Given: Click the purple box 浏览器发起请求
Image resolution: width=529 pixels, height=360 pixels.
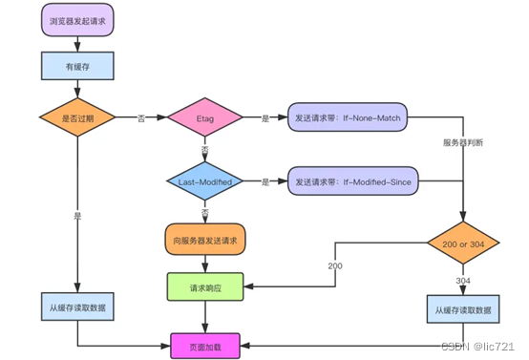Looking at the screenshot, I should click(x=77, y=21).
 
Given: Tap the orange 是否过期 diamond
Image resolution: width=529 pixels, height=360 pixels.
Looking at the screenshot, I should click(x=77, y=117).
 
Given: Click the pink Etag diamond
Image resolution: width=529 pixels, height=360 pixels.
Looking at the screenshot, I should click(x=205, y=117).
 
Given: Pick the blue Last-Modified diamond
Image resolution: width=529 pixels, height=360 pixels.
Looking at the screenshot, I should click(x=205, y=180).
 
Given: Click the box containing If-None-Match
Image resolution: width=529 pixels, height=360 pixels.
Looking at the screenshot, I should click(x=350, y=117).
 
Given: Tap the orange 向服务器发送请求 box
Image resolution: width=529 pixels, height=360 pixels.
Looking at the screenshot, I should click(x=205, y=239).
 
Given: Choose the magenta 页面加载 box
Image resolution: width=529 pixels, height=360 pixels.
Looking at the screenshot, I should click(x=205, y=341).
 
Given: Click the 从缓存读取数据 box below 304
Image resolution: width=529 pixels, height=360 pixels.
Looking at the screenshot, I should click(x=463, y=309).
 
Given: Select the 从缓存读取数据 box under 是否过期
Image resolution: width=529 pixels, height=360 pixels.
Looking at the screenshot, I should click(x=77, y=307).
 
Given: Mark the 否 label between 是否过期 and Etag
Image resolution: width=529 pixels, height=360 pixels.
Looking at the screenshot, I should click(x=140, y=117).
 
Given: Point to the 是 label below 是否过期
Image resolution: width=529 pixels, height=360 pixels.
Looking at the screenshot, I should click(x=77, y=216).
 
